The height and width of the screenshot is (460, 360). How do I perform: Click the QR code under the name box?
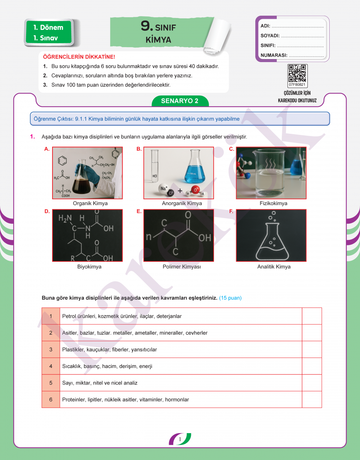[298, 74]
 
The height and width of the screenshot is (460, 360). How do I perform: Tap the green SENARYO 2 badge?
[180, 101]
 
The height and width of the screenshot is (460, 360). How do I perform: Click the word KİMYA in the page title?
[158, 40]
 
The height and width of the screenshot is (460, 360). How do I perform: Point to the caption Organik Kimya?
[90, 204]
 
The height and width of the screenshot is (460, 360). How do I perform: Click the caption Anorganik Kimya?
[182, 204]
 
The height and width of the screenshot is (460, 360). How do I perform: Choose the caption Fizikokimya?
[273, 204]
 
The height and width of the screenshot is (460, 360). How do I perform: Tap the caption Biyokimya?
[89, 267]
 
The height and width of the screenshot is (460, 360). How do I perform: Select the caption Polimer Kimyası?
[182, 267]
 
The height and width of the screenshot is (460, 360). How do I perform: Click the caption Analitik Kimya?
[274, 267]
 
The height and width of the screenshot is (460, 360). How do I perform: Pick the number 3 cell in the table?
[51, 350]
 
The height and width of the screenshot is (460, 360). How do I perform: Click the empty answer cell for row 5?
[312, 383]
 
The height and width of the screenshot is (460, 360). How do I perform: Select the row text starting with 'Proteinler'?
[125, 400]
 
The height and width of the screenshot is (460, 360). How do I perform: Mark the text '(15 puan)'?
[230, 298]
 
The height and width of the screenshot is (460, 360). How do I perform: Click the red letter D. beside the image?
[47, 211]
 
